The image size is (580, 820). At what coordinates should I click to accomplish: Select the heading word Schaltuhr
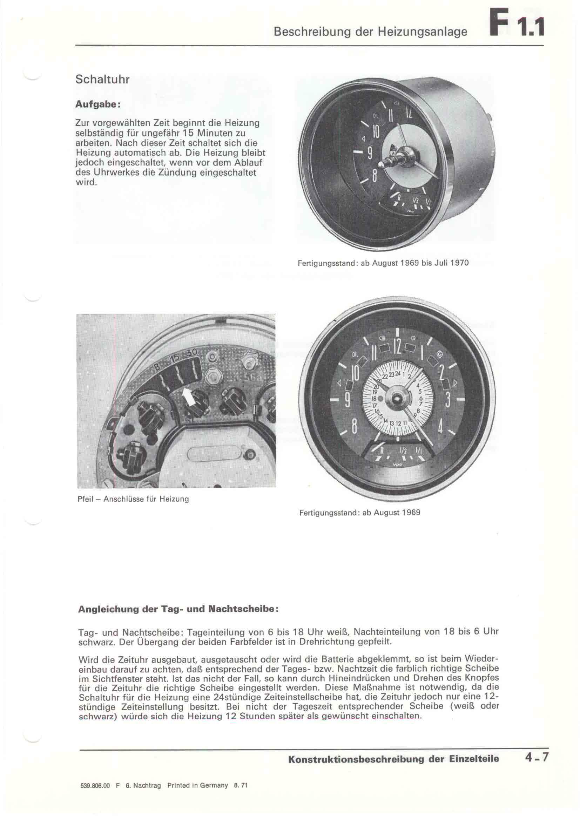(102, 79)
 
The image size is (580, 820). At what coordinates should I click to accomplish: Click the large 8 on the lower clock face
(354, 426)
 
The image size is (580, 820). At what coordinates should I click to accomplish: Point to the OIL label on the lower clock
(355, 354)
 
